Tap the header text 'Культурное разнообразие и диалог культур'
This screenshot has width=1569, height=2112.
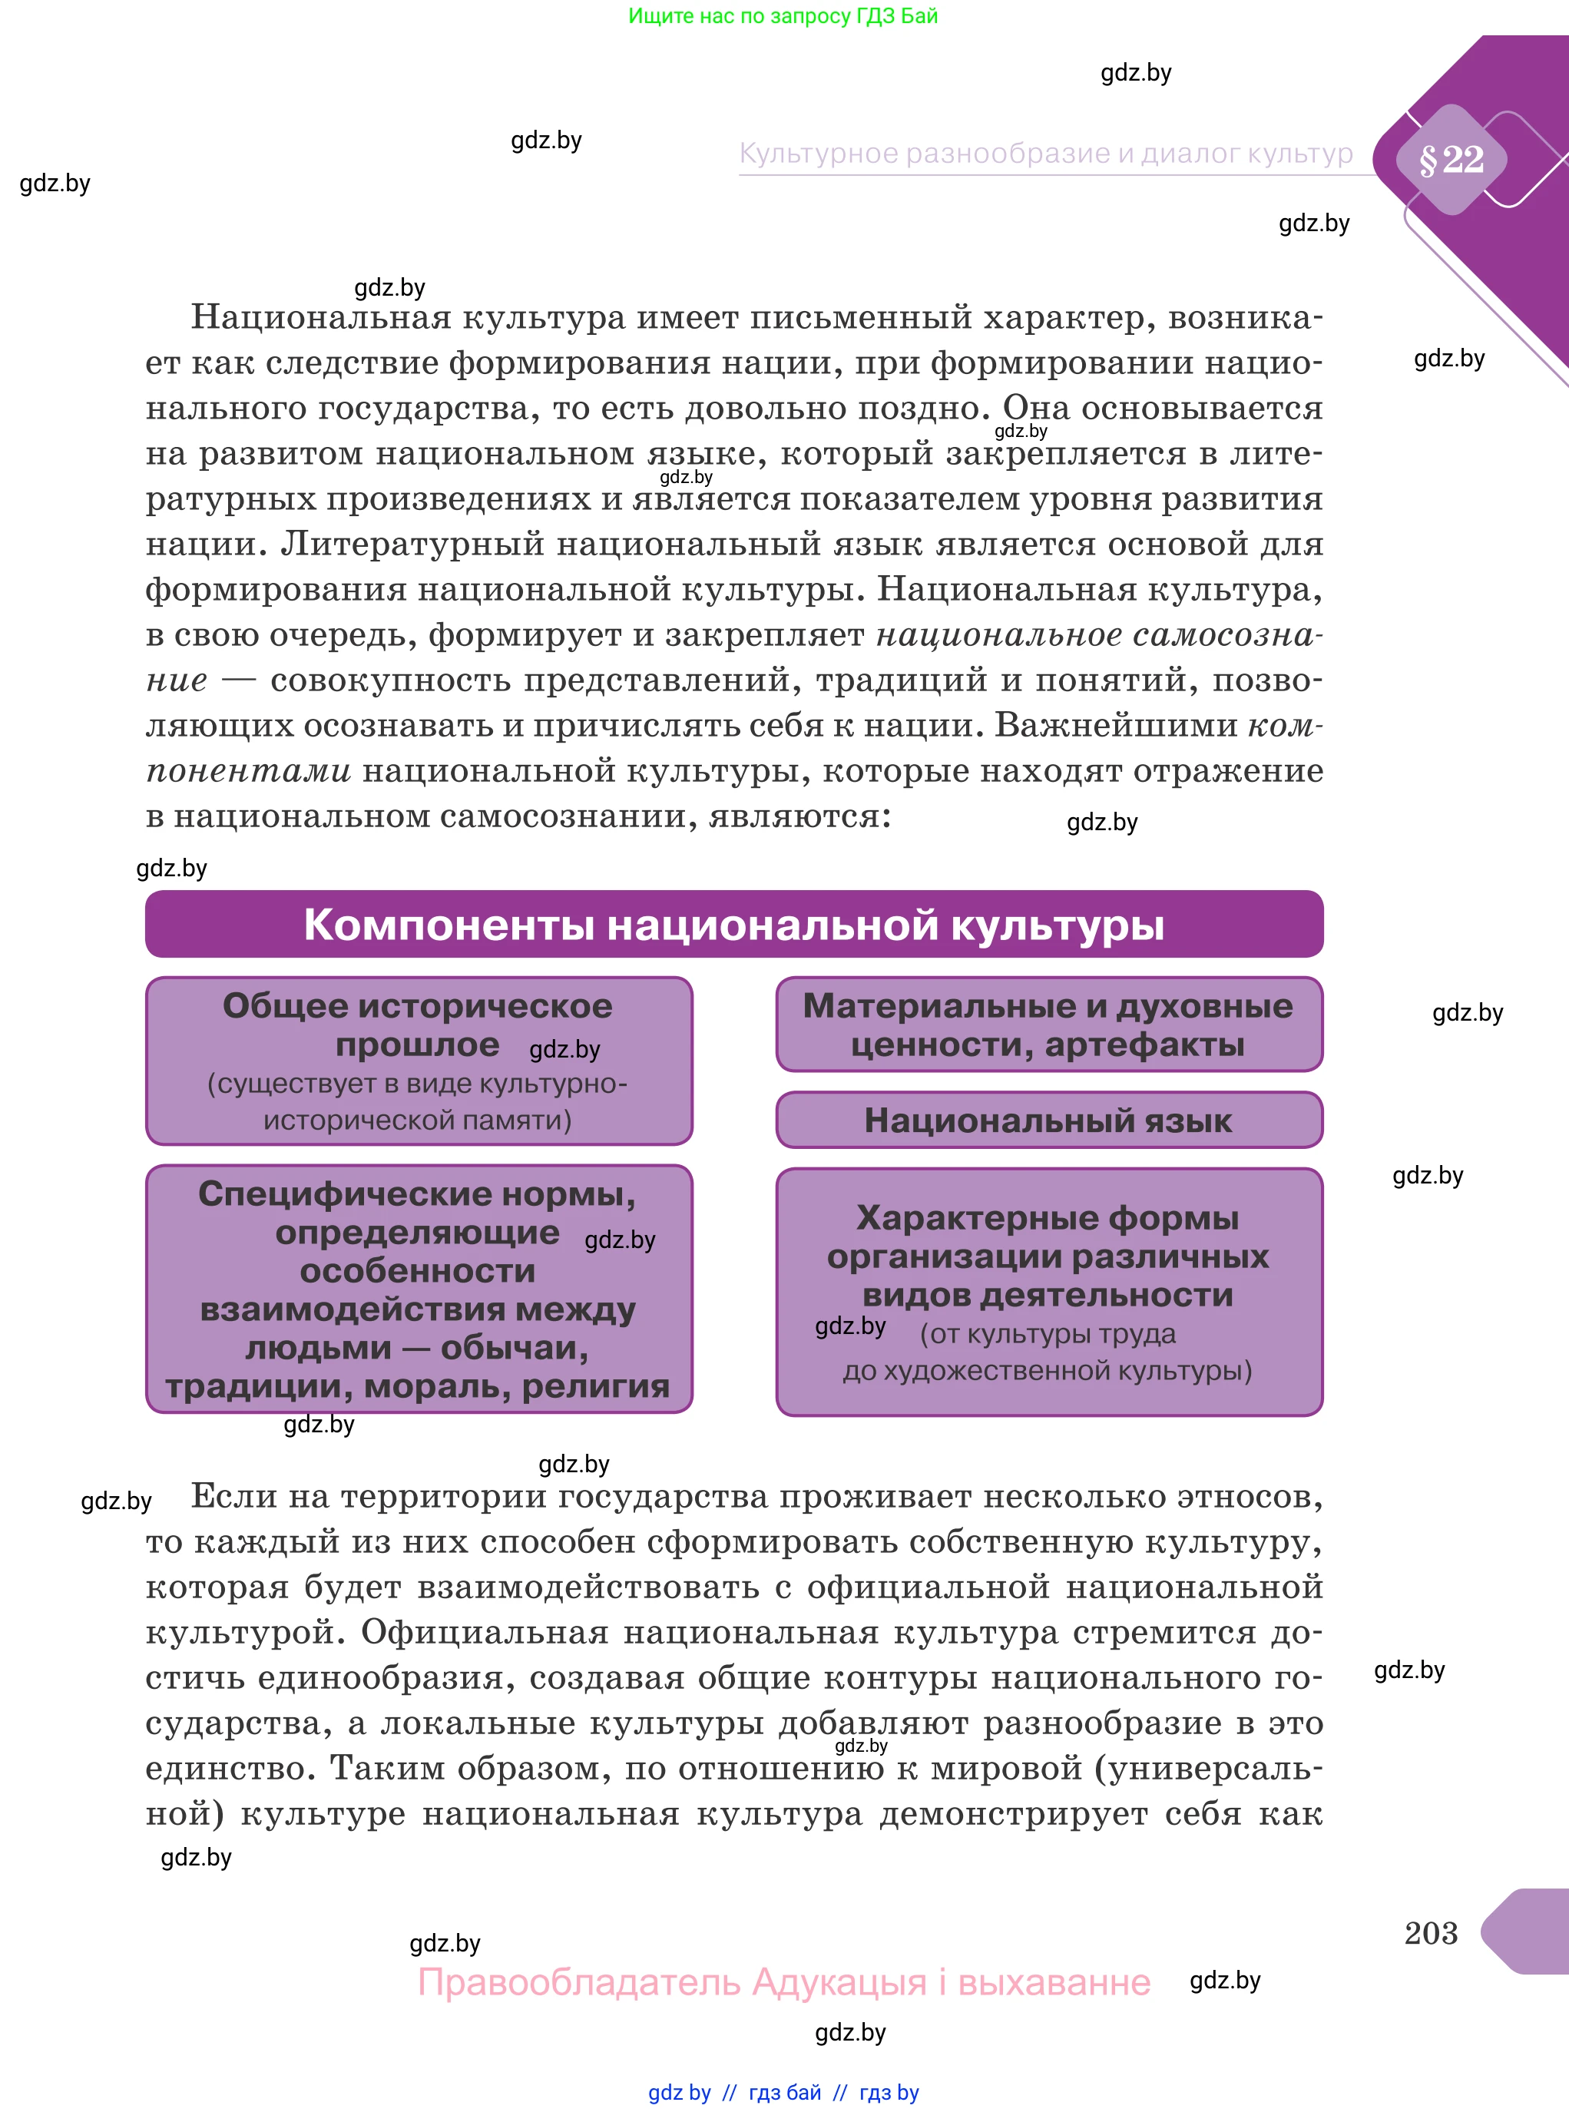pyautogui.click(x=1046, y=154)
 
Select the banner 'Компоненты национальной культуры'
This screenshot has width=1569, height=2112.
pyautogui.click(x=733, y=924)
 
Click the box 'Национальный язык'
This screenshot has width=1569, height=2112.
pyautogui.click(x=1048, y=1121)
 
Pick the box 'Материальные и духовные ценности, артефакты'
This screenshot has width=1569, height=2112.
pyautogui.click(x=1048, y=1025)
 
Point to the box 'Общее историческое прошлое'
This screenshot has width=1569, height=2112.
pyautogui.click(x=418, y=1061)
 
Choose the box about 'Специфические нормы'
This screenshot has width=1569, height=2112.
pyautogui.click(x=418, y=1289)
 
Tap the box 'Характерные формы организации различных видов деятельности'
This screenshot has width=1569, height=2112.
pyautogui.click(x=1048, y=1292)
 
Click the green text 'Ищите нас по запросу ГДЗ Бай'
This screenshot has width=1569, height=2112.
pyautogui.click(x=783, y=16)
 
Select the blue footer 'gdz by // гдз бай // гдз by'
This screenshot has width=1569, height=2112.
pyautogui.click(x=783, y=2093)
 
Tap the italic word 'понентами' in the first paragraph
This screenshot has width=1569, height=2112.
pyautogui.click(x=249, y=771)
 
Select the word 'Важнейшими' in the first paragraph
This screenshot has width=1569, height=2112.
pyautogui.click(x=1116, y=726)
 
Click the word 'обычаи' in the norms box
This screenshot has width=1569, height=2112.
pyautogui.click(x=514, y=1348)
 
